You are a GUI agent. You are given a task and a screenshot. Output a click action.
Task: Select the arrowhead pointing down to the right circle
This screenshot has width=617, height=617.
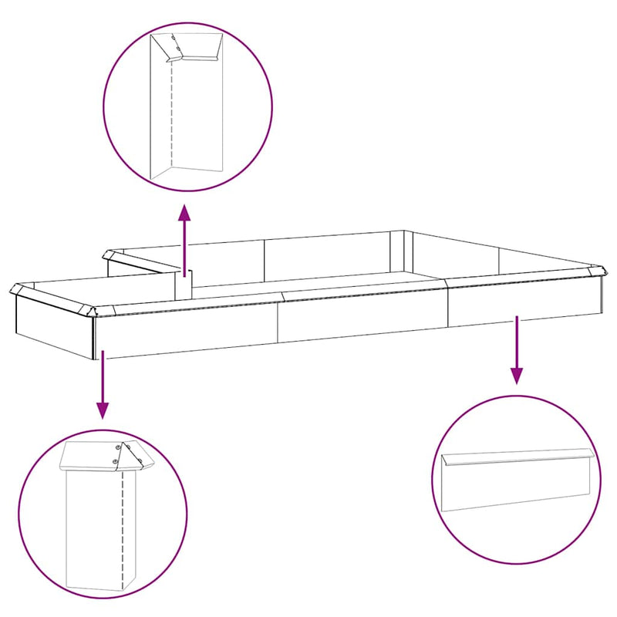[x=517, y=376]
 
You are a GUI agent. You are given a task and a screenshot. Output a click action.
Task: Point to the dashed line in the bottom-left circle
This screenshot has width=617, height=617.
[x=122, y=524]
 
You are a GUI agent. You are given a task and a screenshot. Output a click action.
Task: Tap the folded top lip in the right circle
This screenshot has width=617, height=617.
[x=517, y=458]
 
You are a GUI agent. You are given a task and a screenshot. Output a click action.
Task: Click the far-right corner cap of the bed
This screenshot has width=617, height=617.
[x=601, y=271]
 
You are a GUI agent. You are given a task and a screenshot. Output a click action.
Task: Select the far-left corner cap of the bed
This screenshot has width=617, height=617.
[x=16, y=291]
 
